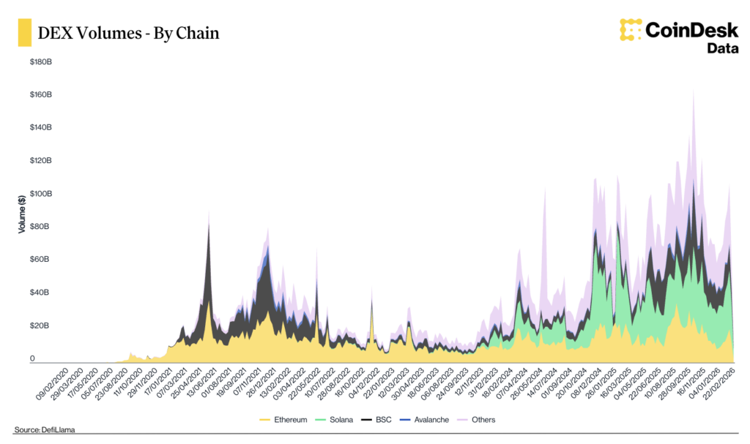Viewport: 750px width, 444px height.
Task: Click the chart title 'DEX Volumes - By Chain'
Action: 128,33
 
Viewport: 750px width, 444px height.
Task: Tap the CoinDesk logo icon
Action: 630,30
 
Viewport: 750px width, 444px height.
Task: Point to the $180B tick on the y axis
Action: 40,62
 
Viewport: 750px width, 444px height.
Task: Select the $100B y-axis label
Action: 40,194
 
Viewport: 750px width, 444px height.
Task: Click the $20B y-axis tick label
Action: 40,326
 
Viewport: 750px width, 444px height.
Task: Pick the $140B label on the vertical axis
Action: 40,128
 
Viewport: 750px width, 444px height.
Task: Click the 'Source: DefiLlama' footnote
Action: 45,429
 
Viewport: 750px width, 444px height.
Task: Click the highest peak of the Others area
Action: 693,91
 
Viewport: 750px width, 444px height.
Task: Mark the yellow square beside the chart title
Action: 24,33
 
